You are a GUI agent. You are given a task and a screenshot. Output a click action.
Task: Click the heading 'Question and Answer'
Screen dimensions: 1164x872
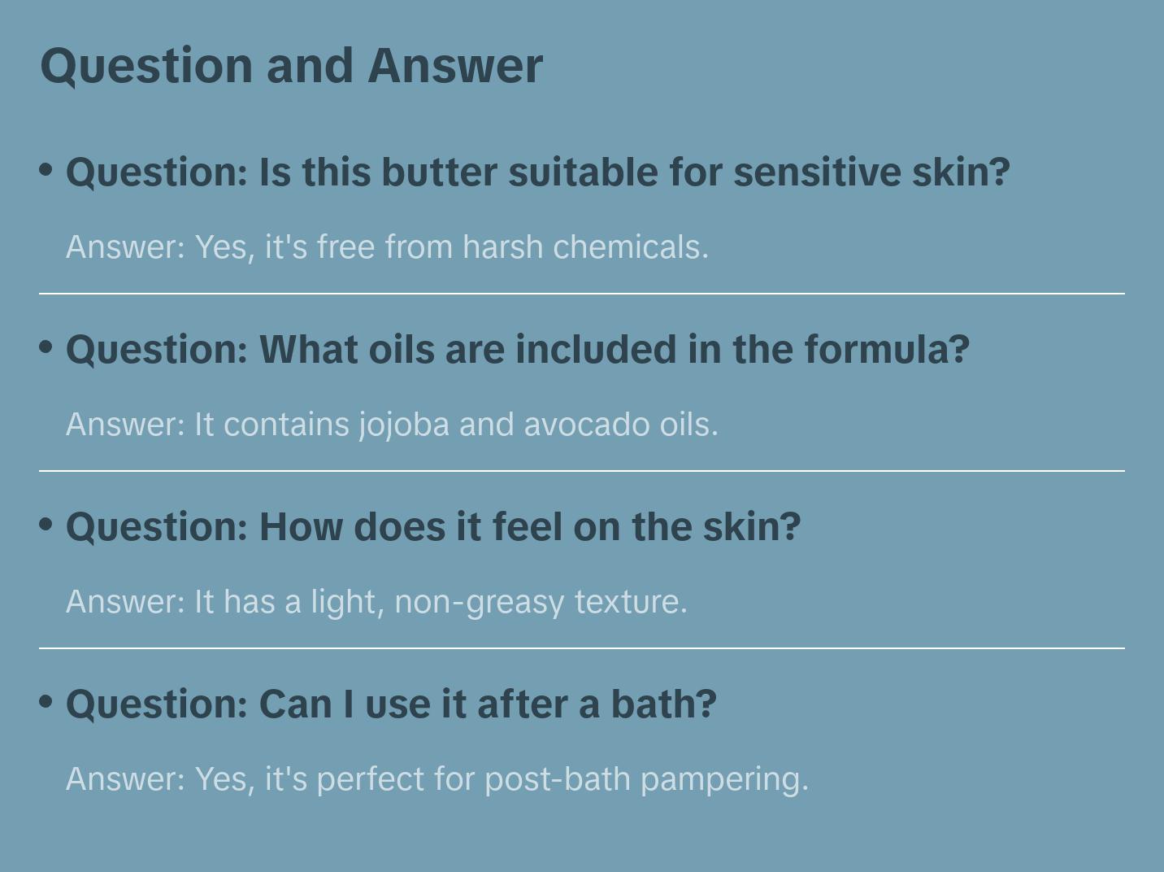click(291, 67)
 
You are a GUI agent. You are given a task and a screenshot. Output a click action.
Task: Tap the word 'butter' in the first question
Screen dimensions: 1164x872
click(439, 172)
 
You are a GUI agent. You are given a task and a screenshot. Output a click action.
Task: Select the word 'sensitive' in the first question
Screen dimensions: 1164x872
click(817, 172)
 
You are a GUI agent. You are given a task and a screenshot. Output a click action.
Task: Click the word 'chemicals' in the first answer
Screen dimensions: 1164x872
click(631, 247)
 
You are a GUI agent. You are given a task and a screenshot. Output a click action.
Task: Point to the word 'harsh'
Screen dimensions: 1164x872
click(502, 247)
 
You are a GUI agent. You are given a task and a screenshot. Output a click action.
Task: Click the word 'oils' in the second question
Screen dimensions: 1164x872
click(402, 350)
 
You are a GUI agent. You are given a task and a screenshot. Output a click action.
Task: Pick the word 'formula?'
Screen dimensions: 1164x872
click(887, 350)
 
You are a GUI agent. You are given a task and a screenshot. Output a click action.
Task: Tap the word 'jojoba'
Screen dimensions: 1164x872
click(404, 425)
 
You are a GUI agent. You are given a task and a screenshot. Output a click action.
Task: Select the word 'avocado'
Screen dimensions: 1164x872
click(587, 425)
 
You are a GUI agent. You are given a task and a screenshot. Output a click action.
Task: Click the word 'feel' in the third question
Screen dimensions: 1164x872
click(527, 527)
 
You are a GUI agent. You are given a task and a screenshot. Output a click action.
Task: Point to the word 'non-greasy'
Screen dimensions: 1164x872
click(480, 603)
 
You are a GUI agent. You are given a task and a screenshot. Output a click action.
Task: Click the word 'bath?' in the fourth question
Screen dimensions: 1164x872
click(664, 704)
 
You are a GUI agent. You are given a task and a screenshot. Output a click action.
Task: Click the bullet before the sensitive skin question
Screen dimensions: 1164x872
click(46, 170)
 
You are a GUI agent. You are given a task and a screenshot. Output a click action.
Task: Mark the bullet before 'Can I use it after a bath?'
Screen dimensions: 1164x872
click(46, 702)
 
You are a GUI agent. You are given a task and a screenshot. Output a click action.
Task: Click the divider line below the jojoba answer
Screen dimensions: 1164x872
click(582, 470)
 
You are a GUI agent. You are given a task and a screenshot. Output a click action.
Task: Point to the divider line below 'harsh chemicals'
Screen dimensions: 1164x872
click(582, 294)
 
